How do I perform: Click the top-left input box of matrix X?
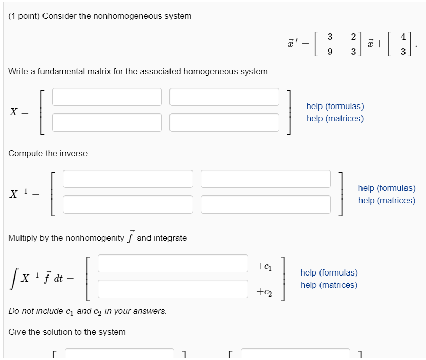click(106, 97)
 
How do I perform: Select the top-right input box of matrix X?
click(224, 97)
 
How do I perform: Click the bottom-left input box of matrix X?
click(106, 122)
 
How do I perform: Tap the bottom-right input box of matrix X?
click(224, 122)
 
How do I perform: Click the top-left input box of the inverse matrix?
click(128, 179)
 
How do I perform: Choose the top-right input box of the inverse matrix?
click(266, 179)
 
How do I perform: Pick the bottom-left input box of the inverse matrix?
click(128, 204)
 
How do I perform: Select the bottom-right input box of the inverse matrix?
click(266, 204)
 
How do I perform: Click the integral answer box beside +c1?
click(173, 263)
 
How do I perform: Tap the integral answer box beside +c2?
click(173, 288)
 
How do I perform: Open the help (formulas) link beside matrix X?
click(335, 107)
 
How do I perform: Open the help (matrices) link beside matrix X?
click(335, 119)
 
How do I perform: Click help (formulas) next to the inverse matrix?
click(387, 188)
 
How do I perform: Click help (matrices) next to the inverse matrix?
click(387, 201)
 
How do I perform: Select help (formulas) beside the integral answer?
click(329, 273)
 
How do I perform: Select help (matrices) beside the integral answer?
click(329, 285)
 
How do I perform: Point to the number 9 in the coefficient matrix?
click(330, 52)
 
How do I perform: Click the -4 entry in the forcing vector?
click(402, 37)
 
